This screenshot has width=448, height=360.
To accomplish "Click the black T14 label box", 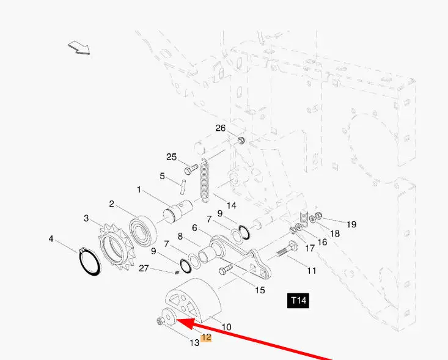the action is point(298,301).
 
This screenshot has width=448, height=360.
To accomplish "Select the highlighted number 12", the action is point(206,337).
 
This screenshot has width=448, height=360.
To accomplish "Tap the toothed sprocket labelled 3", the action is point(116,247).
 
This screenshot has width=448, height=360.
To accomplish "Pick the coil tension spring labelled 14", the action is point(204,180).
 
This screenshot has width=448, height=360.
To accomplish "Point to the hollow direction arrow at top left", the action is point(79,48).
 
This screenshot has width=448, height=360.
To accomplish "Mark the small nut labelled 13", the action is point(160,321).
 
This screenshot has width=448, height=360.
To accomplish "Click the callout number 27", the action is point(144,268).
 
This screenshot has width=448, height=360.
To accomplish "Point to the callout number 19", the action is point(351,224).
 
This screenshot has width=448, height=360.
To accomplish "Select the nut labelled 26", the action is point(241,141).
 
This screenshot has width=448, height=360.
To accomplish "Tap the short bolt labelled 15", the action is point(226,270).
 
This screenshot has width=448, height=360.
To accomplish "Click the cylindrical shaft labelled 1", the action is point(177,211).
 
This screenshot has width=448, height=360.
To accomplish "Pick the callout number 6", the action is point(194,228).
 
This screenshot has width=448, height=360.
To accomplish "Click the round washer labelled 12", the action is point(169,317).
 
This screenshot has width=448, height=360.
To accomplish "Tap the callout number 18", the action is point(334,233).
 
